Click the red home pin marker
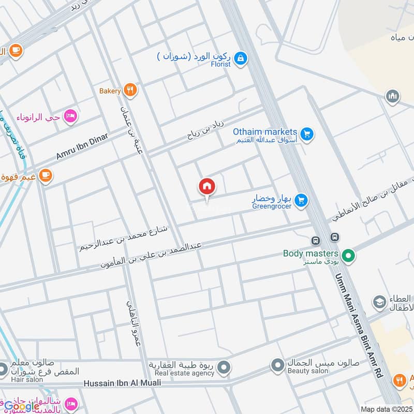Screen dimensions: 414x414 coord(207,187)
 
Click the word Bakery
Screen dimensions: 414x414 coord(110,91)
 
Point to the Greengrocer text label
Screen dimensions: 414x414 coord(272,206)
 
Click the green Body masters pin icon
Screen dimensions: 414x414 coord(349,255)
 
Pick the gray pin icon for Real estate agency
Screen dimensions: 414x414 coord(224,368)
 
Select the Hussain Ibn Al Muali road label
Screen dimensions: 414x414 coord(122,383)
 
